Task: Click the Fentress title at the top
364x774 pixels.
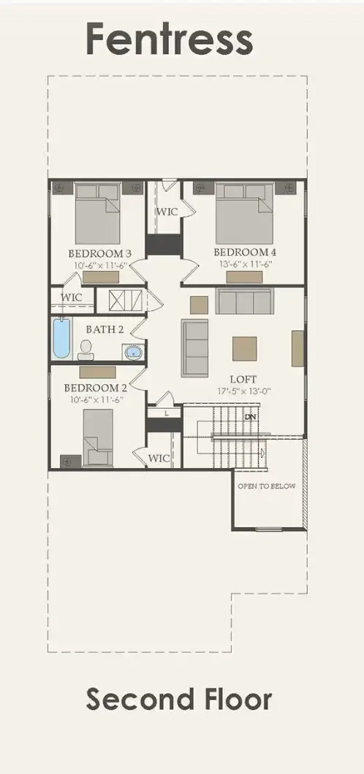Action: [x=170, y=39]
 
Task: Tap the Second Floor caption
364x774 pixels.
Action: [x=179, y=699]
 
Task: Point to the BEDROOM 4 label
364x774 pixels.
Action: [x=245, y=253]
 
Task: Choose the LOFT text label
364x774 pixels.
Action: [x=243, y=380]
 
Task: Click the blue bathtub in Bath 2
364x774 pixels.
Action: [x=61, y=337]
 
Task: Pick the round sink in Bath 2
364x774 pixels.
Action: [x=133, y=353]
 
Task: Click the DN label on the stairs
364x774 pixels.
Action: [x=251, y=416]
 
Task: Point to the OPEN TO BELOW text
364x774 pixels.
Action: [x=267, y=486]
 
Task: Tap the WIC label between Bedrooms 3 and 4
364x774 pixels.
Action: [x=164, y=212]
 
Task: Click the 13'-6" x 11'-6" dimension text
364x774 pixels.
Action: [x=245, y=265]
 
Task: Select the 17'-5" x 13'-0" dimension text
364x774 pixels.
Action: [x=243, y=391]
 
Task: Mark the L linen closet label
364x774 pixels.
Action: [x=166, y=413]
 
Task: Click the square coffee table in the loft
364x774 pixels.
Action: [x=245, y=348]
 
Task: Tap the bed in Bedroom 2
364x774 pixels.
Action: [x=98, y=437]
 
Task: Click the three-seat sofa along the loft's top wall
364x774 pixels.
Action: [x=244, y=301]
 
